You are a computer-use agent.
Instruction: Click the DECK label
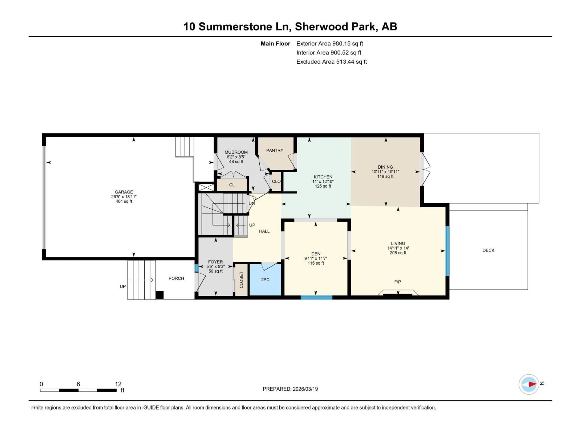(488, 250)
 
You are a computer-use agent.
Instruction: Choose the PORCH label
(176, 278)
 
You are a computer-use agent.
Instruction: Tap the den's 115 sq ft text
(316, 263)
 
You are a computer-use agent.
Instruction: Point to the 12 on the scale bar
(118, 384)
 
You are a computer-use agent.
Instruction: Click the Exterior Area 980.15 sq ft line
(330, 44)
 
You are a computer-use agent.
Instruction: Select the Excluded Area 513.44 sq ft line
(332, 62)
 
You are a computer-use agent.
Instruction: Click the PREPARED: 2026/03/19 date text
(290, 389)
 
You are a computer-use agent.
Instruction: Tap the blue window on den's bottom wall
(317, 297)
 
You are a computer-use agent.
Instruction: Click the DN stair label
(251, 203)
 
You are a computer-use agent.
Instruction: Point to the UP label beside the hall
(252, 225)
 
